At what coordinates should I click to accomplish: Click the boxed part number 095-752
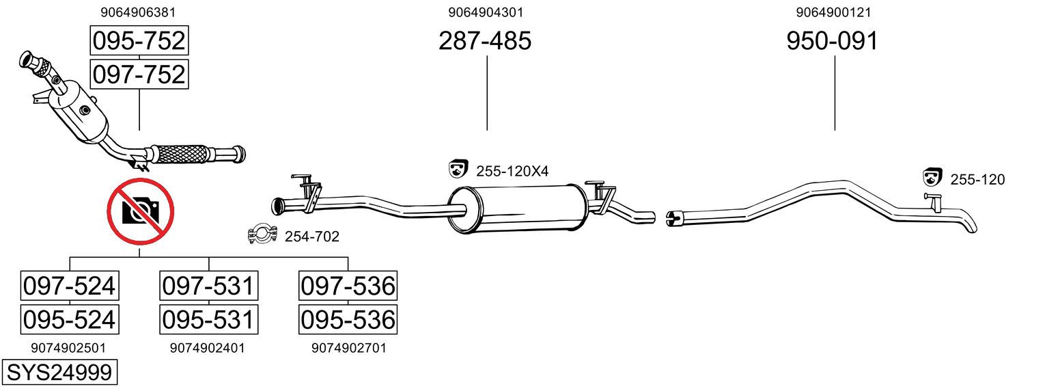click(x=139, y=40)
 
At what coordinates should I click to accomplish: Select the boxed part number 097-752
click(x=139, y=75)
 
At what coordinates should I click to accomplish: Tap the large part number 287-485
click(x=485, y=40)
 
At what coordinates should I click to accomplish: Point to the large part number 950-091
click(x=833, y=40)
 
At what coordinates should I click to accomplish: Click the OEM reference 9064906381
click(x=138, y=12)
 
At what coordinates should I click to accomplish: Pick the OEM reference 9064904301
click(x=486, y=12)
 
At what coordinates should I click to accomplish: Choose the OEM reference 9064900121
click(x=833, y=12)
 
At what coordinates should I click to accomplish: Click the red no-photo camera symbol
click(x=141, y=211)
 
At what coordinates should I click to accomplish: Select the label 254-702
click(x=312, y=237)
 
